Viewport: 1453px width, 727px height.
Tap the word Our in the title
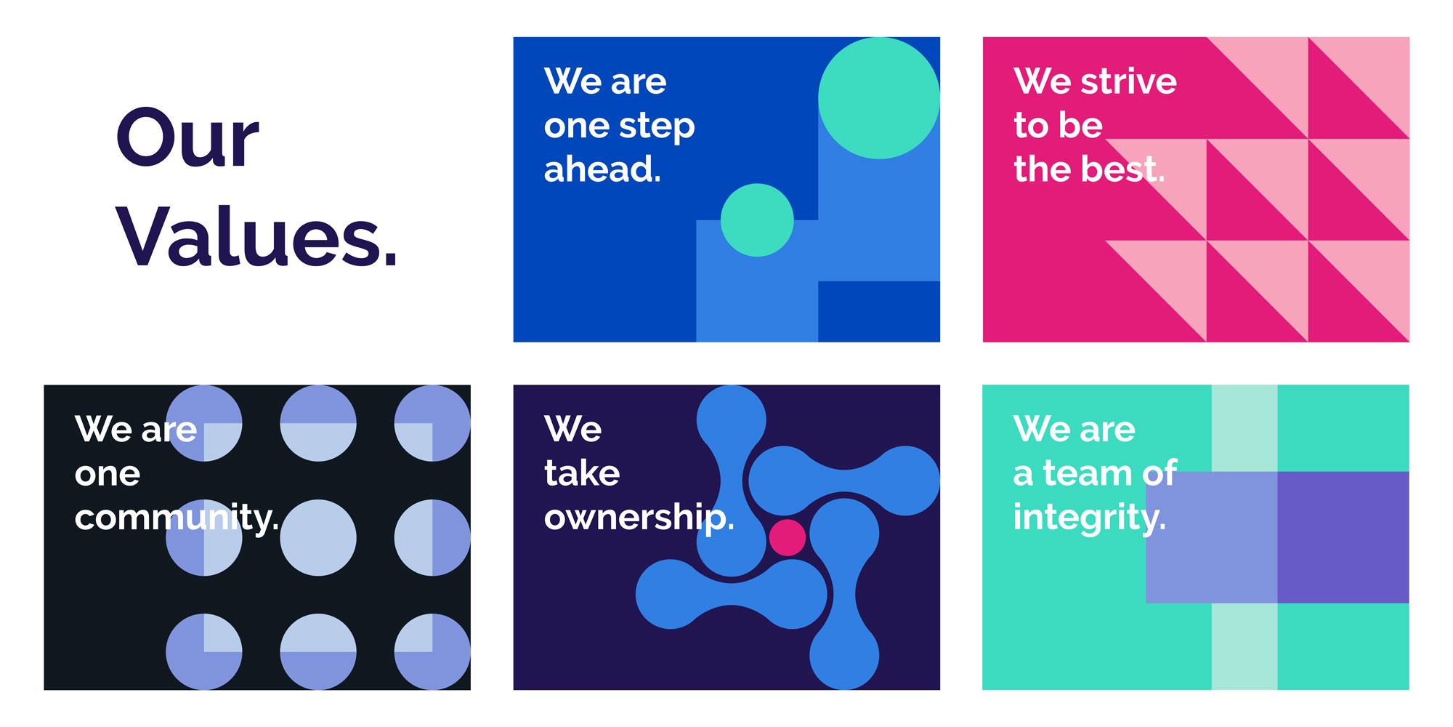[x=187, y=138]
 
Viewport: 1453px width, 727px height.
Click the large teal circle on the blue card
[x=879, y=98]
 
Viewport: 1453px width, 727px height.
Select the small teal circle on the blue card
[x=757, y=220]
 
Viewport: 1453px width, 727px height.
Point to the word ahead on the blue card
[x=602, y=169]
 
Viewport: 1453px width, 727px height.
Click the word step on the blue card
[x=657, y=126]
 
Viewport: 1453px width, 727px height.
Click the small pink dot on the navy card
[x=788, y=537]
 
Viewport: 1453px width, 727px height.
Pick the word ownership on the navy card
[x=639, y=518]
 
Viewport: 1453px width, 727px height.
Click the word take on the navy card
[x=582, y=473]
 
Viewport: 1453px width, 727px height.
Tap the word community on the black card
[x=177, y=518]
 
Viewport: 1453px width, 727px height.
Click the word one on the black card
[x=108, y=474]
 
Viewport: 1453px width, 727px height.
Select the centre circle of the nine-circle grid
[x=318, y=537]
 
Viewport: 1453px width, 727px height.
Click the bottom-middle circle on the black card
[x=318, y=651]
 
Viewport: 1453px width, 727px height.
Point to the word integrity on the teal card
[x=1090, y=518]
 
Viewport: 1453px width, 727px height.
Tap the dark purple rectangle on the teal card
[x=1343, y=537]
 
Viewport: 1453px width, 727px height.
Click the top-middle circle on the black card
[x=318, y=423]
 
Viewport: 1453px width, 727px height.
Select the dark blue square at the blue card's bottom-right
[x=879, y=311]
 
